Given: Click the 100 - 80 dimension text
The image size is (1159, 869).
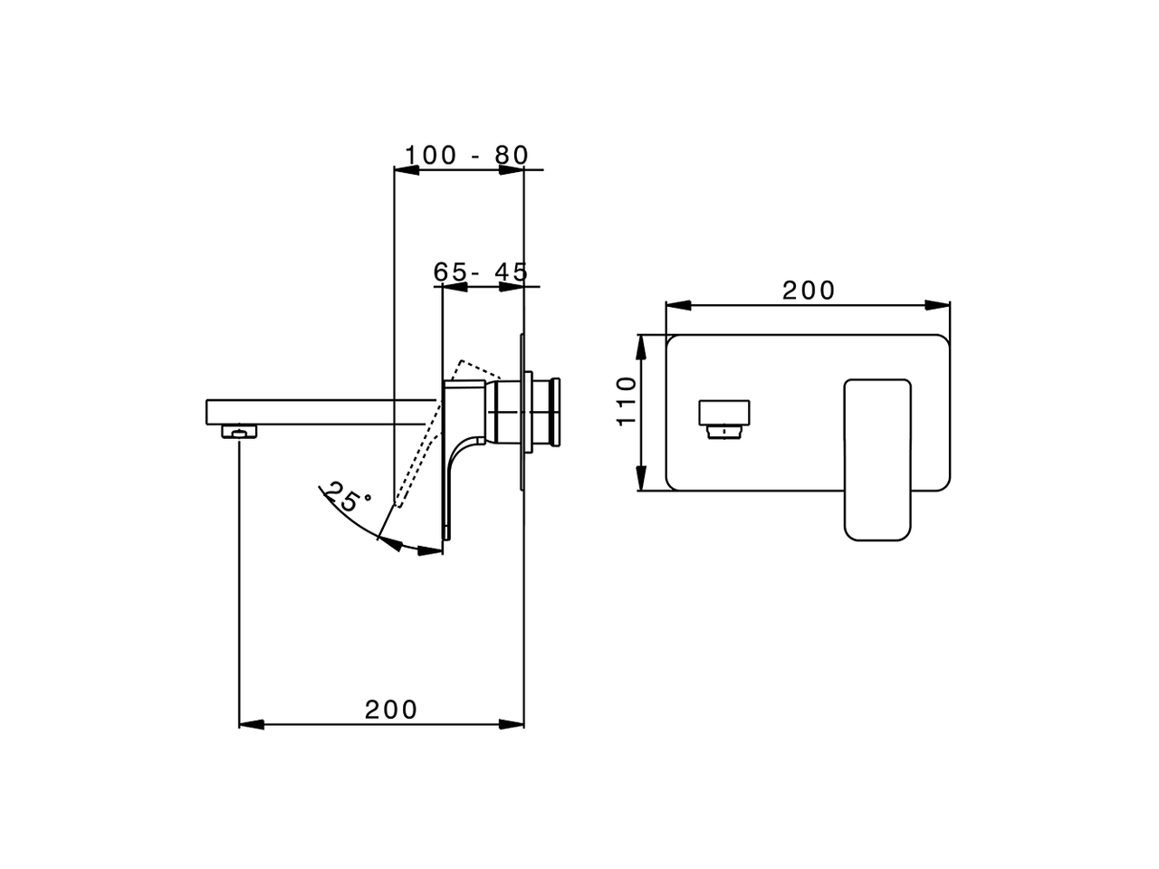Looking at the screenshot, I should pos(465,155).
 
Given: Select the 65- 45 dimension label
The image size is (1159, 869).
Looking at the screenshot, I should pos(480,272).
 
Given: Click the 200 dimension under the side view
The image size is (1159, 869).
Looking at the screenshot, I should pos(391,710).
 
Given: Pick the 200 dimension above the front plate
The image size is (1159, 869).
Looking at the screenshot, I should pos(809,291).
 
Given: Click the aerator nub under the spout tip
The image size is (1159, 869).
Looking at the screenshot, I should pos(239,432).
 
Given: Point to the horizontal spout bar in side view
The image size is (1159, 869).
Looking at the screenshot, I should pos(317,412).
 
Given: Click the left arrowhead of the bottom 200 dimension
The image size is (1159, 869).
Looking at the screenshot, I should pos(250,724).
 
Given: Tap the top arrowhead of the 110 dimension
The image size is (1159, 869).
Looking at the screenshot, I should pos(641,345).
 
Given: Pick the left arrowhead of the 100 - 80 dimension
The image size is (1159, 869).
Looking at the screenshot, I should pos(404,169).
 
